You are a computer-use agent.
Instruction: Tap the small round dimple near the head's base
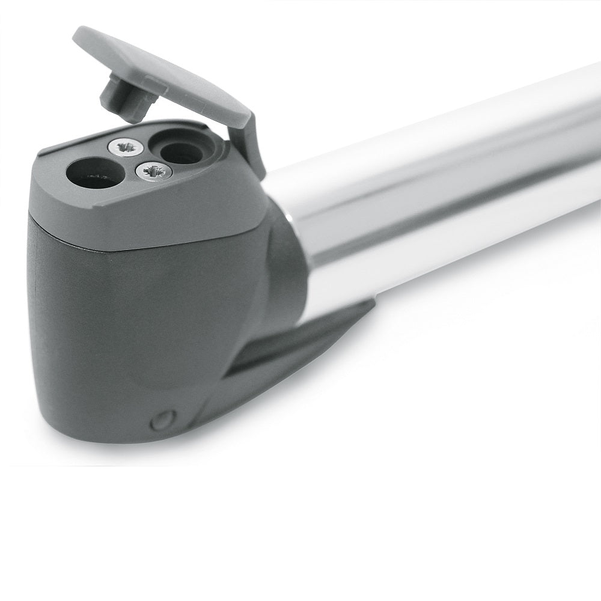pos(160,419)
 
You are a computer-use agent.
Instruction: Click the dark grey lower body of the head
pos(120,331)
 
